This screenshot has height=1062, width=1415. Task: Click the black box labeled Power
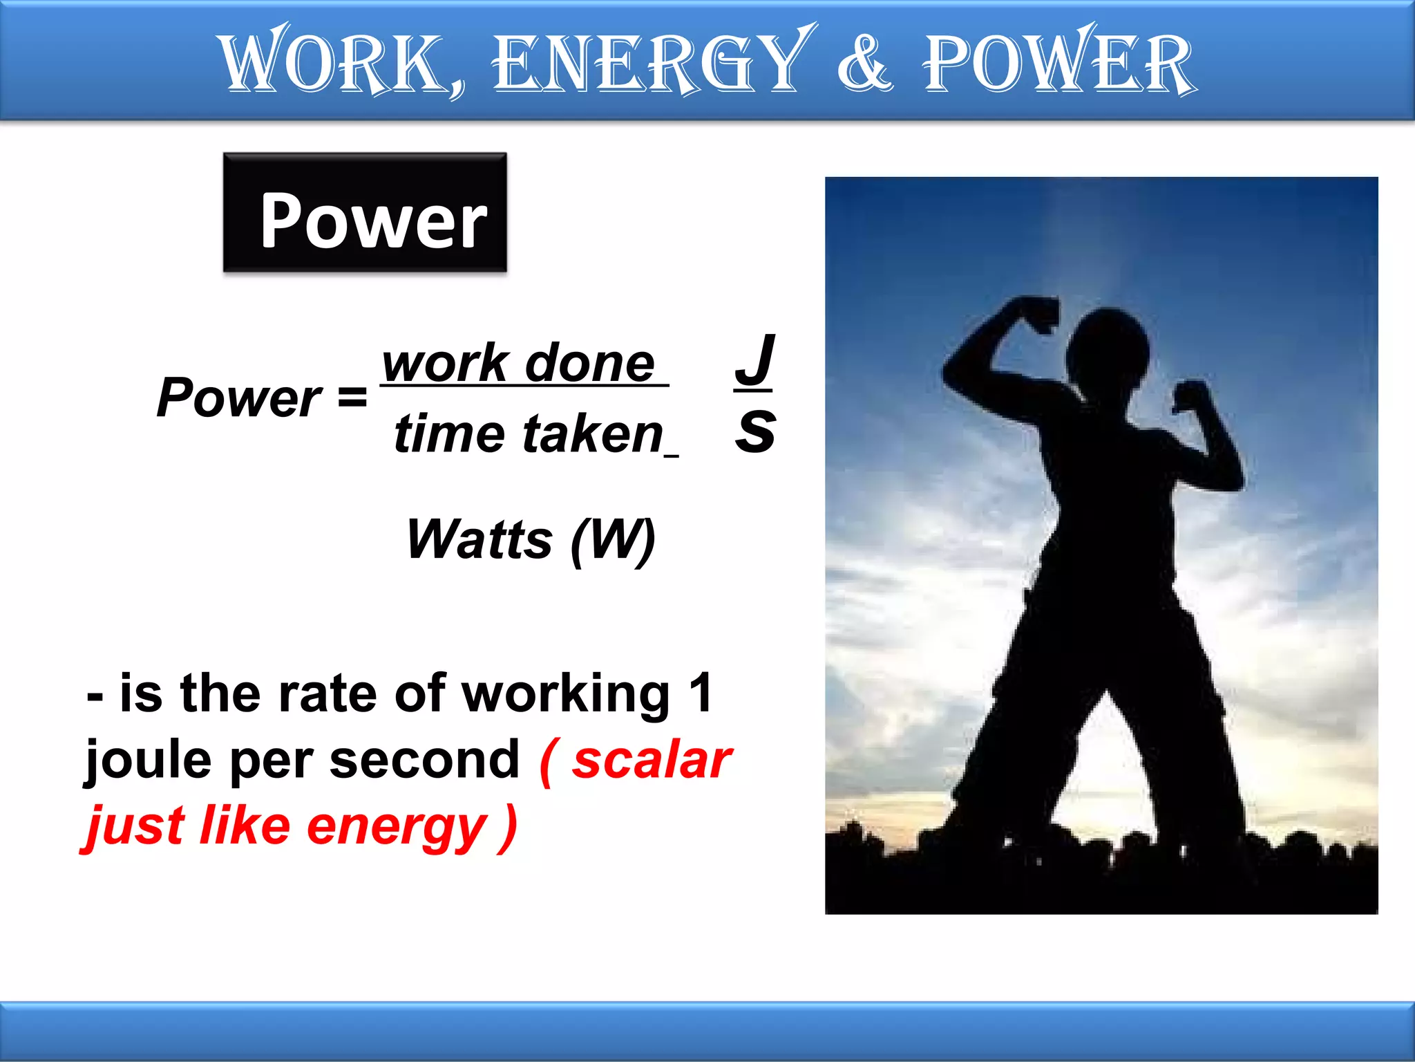point(365,213)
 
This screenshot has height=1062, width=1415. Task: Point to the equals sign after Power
point(352,398)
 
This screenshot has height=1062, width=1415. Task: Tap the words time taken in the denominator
point(529,434)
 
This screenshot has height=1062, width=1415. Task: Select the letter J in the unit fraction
point(754,360)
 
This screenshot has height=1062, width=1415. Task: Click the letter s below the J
point(754,431)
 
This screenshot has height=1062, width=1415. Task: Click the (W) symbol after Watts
point(614,541)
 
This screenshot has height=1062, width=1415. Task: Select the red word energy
point(397,827)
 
